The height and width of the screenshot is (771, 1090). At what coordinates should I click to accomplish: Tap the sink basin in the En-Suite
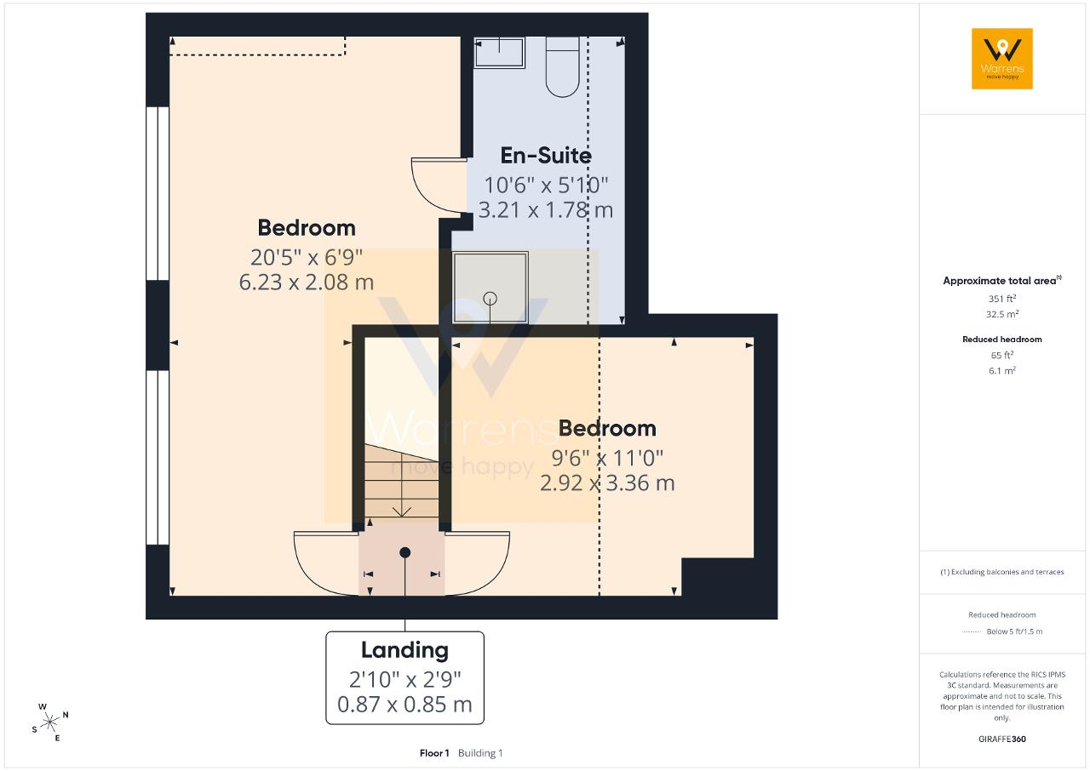pyautogui.click(x=499, y=53)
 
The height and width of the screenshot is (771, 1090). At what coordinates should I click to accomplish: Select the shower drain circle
pyautogui.click(x=490, y=299)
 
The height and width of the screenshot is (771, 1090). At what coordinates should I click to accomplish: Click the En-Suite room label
pyautogui.click(x=546, y=156)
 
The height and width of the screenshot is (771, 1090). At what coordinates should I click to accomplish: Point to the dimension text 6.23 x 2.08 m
pyautogui.click(x=306, y=282)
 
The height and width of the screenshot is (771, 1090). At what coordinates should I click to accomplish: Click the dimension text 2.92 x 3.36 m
pyautogui.click(x=607, y=483)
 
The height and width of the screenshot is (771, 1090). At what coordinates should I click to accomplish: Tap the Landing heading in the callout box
pyautogui.click(x=404, y=650)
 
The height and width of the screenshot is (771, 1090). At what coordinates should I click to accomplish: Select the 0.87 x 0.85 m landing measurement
pyautogui.click(x=404, y=705)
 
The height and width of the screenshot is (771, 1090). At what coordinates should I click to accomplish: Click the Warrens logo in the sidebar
pyautogui.click(x=1002, y=59)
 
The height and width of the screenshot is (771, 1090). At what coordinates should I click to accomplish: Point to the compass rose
pyautogui.click(x=49, y=722)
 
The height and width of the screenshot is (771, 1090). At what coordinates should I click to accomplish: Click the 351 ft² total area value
pyautogui.click(x=1002, y=299)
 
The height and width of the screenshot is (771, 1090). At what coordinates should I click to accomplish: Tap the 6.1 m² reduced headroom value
pyautogui.click(x=1002, y=370)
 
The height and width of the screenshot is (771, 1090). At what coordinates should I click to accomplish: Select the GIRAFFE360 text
pyautogui.click(x=1002, y=739)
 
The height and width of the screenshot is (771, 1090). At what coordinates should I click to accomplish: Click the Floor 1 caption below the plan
pyautogui.click(x=434, y=753)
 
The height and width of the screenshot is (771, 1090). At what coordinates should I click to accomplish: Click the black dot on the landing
pyautogui.click(x=404, y=552)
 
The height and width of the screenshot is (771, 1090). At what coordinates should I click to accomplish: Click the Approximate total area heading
pyautogui.click(x=1002, y=281)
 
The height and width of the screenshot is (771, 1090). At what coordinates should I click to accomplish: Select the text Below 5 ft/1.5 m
pyautogui.click(x=1014, y=631)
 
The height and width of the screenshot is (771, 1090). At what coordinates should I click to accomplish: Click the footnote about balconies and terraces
pyautogui.click(x=1002, y=572)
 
